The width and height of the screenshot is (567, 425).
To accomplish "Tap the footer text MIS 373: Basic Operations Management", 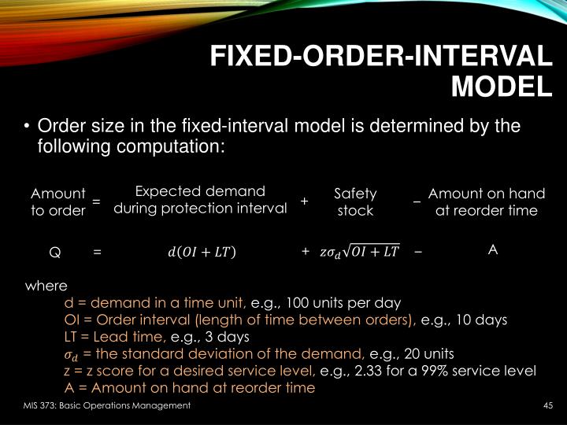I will [106, 405].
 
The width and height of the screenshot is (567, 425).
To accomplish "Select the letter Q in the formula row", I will [55, 252].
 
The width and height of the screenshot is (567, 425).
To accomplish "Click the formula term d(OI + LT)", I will [201, 252].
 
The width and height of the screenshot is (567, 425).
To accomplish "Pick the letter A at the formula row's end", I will [493, 249].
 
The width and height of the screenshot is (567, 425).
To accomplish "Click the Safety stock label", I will [355, 201].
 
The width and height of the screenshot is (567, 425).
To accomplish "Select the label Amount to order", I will [57, 201].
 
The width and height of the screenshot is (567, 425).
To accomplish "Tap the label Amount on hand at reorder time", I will [486, 201].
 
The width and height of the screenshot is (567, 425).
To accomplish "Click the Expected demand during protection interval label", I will [200, 200].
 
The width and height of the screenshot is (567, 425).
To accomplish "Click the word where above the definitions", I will [46, 286].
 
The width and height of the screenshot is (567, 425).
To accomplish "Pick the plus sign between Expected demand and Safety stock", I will [304, 201].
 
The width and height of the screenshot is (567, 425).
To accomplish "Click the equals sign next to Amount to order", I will [96, 201].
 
